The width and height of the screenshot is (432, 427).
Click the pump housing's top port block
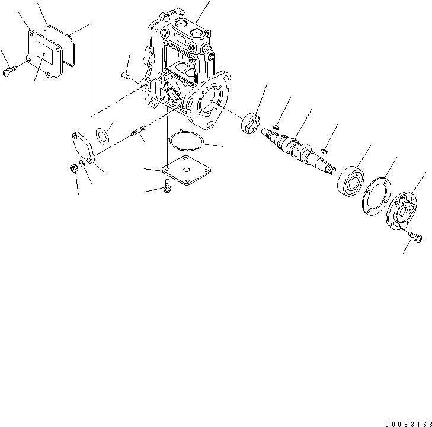click(x=190, y=31)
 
